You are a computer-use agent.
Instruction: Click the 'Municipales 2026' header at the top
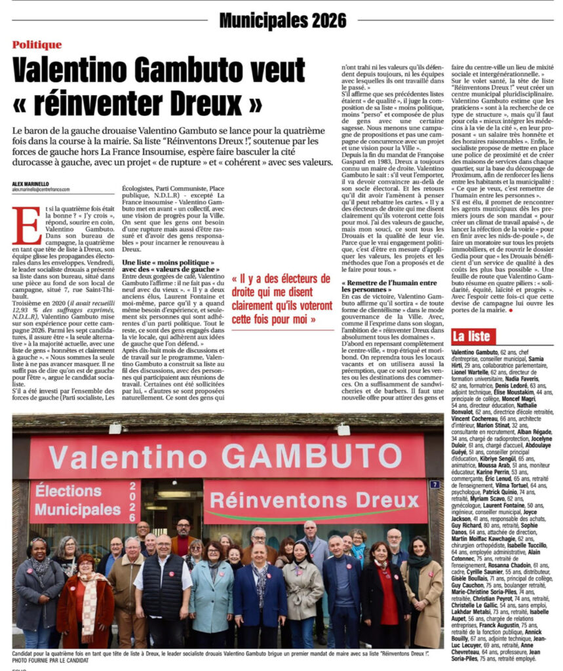(x=282, y=21)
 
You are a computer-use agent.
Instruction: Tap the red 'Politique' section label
(x=37, y=45)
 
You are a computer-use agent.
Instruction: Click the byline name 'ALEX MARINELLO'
(x=31, y=183)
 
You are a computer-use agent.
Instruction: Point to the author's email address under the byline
(x=41, y=189)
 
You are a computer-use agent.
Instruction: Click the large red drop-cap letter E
(x=26, y=226)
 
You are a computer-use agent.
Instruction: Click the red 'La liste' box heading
(x=473, y=337)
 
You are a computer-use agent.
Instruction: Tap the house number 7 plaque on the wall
(x=434, y=485)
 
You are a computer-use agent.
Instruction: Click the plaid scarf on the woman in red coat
(x=88, y=597)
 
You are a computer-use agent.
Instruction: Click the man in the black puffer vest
(x=162, y=583)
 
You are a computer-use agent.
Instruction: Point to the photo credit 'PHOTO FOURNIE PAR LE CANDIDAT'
(x=49, y=661)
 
